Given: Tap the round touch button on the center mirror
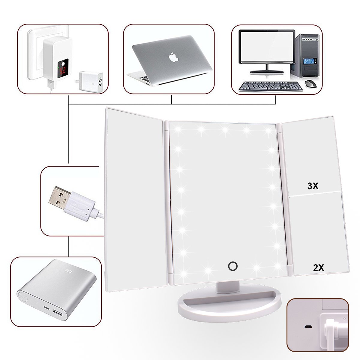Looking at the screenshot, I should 232,266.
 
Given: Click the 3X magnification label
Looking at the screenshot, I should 313,186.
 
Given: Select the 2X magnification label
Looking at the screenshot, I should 318,268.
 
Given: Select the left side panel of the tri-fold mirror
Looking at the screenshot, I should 135,198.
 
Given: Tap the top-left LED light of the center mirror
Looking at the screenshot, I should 175,129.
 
